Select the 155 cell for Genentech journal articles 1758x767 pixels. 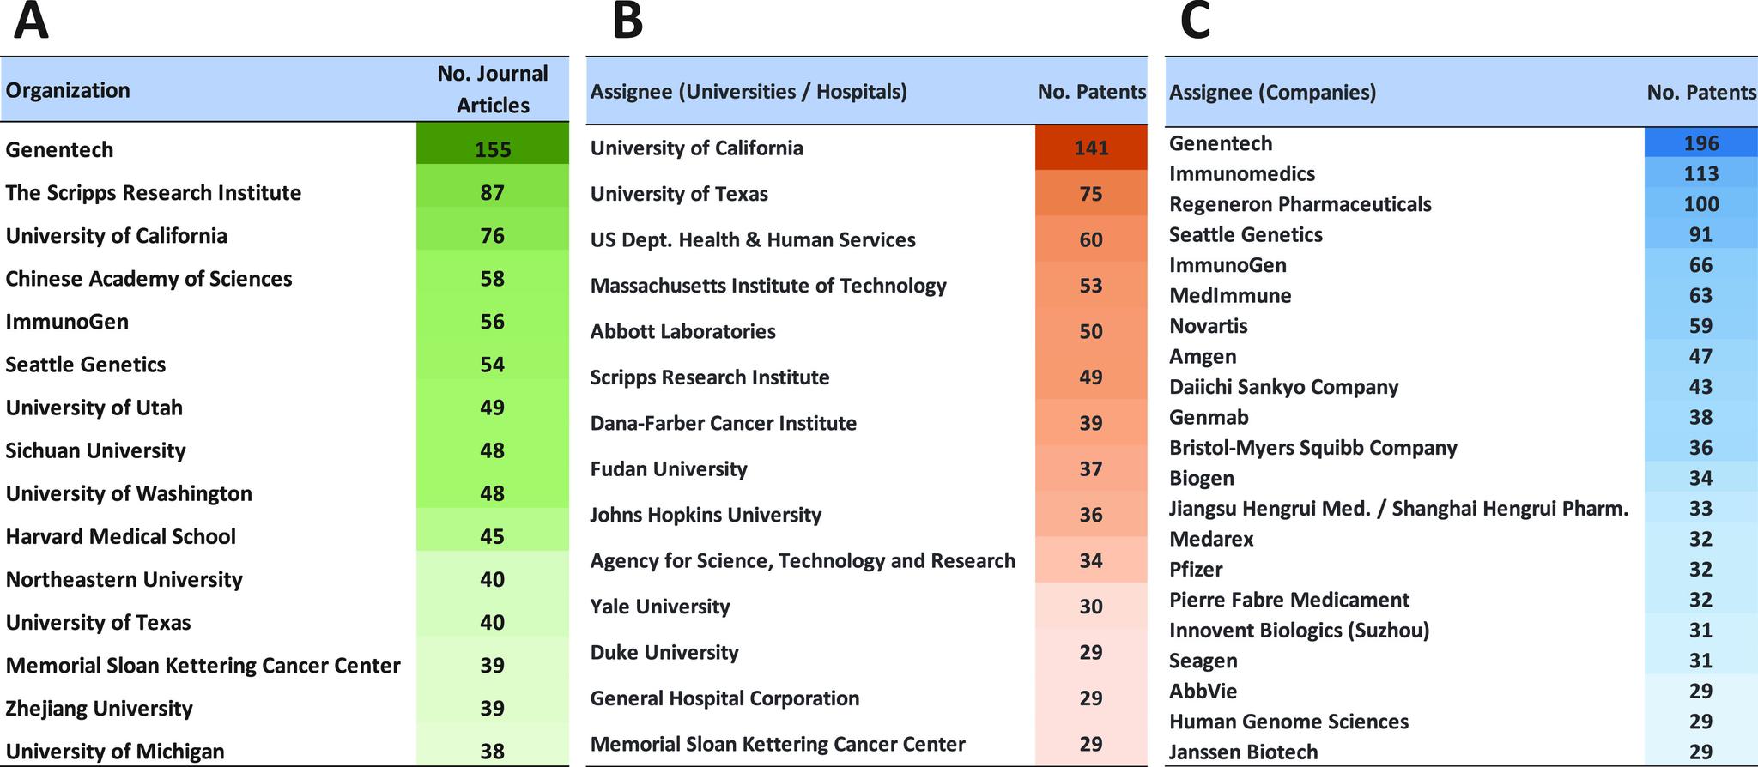click(493, 149)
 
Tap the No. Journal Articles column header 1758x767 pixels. click(493, 89)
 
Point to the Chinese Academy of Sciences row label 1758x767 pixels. click(149, 279)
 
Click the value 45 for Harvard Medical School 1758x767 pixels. click(493, 536)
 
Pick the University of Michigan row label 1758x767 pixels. click(115, 752)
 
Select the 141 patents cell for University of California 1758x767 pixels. click(1091, 148)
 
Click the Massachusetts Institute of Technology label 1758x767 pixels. click(768, 286)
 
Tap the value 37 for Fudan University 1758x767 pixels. click(1091, 469)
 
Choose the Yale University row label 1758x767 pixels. click(660, 607)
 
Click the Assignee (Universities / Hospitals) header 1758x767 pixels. click(749, 92)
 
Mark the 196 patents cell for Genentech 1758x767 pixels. click(1700, 143)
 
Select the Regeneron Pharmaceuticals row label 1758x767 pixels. click(1300, 204)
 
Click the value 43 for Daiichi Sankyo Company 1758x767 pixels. click(1700, 387)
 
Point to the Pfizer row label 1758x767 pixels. click(1196, 570)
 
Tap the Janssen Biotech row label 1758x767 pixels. click(1243, 752)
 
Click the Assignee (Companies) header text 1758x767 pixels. click(1272, 93)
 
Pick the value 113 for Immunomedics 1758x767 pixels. click(1700, 174)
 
